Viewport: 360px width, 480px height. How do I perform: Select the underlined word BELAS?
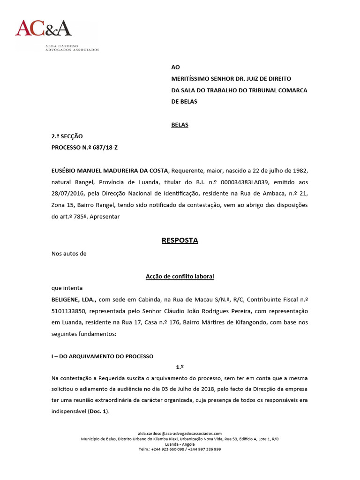pos(180,125)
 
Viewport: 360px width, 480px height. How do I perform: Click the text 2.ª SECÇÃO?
pos(67,136)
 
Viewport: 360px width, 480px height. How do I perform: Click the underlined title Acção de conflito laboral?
pos(180,277)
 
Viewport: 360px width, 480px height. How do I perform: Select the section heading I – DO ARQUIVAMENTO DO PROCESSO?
pos(102,356)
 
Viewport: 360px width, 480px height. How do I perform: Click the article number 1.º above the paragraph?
pos(180,367)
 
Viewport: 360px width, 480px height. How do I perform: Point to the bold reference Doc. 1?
pos(98,412)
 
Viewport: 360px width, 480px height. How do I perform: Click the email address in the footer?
pos(180,434)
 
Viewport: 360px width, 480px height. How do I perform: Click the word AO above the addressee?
pos(175,67)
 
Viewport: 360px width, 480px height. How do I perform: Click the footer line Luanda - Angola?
pos(180,444)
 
